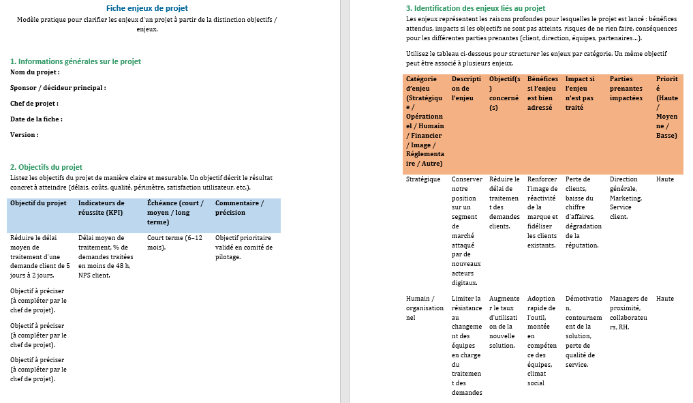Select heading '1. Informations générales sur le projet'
pyautogui.click(x=76, y=61)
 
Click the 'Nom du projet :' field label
pyautogui.click(x=35, y=72)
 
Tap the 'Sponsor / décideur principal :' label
pyautogui.click(x=58, y=87)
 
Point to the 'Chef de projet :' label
pyautogui.click(x=34, y=103)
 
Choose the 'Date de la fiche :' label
pyautogui.click(x=36, y=119)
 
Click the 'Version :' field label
pyautogui.click(x=24, y=134)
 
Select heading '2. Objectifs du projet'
pyautogui.click(x=46, y=167)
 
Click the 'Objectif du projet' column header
pyautogui.click(x=38, y=203)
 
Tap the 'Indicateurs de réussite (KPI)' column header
pyautogui.click(x=102, y=207)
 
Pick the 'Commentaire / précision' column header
pyautogui.click(x=239, y=207)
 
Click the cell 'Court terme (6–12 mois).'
pyautogui.click(x=174, y=243)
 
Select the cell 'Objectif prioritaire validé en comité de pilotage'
pyautogui.click(x=243, y=248)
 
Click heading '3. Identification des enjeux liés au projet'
pyautogui.click(x=475, y=8)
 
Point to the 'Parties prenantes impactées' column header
pyautogui.click(x=626, y=89)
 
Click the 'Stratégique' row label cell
pyautogui.click(x=423, y=179)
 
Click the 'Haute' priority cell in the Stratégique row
pyautogui.click(x=665, y=179)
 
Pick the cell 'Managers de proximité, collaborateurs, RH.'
pyautogui.click(x=628, y=312)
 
